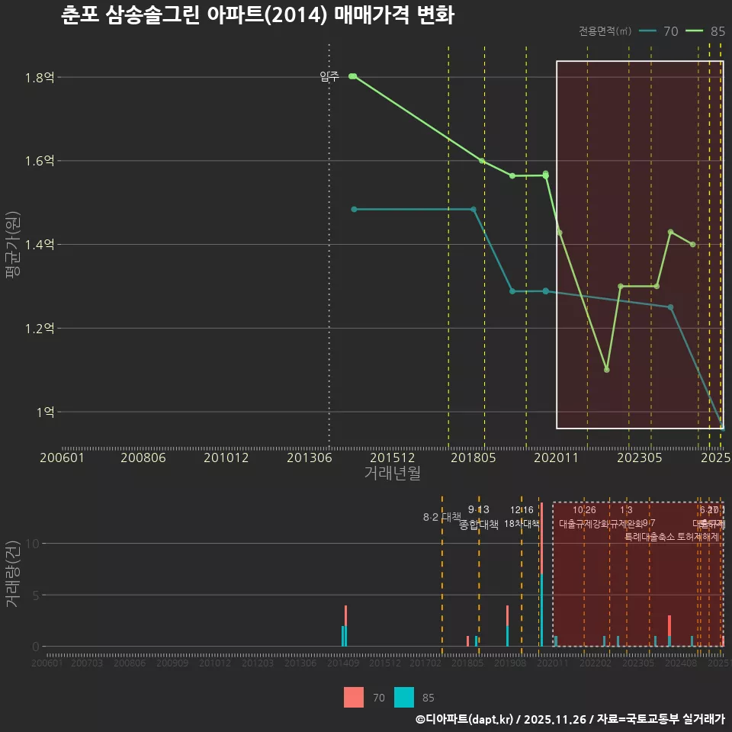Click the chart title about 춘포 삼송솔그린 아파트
tap(258, 15)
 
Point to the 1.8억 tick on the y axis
tap(39, 77)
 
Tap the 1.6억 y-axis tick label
tap(39, 161)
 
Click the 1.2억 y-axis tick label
tap(39, 329)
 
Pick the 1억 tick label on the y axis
tap(44, 412)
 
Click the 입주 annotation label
tap(329, 76)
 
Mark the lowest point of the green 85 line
tap(607, 370)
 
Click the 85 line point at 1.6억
tap(482, 161)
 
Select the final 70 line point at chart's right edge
tap(722, 427)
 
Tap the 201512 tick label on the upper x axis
tap(392, 458)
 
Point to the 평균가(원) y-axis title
tap(14, 244)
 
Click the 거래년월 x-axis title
tap(392, 474)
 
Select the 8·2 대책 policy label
tap(442, 517)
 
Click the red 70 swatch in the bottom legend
tap(354, 697)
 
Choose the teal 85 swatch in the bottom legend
tap(404, 697)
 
